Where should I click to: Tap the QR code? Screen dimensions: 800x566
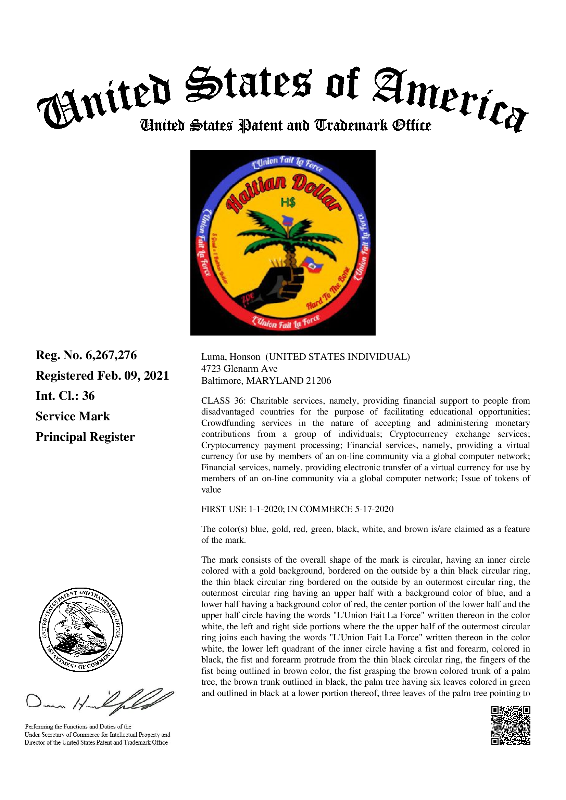511,725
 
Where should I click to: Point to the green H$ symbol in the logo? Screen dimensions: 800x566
288,202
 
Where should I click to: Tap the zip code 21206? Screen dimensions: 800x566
318,381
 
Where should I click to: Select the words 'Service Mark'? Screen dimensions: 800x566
73,416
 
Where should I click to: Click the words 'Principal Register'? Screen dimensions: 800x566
85,437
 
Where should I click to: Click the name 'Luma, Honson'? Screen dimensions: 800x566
230,357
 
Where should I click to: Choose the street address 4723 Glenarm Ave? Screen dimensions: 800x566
239,369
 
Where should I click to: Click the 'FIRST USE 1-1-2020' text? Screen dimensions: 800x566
242,509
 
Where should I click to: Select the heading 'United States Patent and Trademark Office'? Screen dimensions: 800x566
286,126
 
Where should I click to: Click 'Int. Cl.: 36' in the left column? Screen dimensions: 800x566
65,396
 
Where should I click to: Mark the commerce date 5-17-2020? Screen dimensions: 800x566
374,509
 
